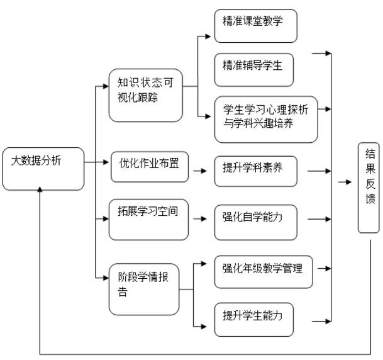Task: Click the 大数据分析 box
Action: click(43, 168)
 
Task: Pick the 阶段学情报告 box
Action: click(144, 289)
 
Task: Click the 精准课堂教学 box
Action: click(255, 26)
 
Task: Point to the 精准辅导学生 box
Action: click(253, 69)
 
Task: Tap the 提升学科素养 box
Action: click(255, 169)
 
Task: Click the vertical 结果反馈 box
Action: click(369, 187)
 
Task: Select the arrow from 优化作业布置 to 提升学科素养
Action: click(199, 170)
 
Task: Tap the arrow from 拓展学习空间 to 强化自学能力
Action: click(199, 220)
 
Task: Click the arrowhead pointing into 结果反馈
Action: click(349, 183)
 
